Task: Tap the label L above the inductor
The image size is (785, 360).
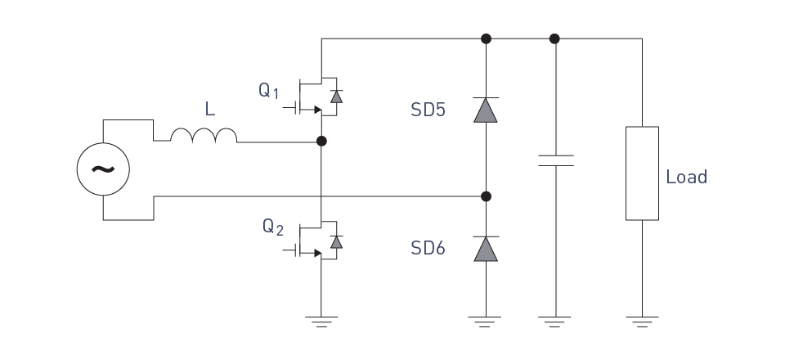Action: click(210, 109)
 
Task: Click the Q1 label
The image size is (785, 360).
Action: click(269, 91)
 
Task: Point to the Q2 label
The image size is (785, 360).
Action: click(273, 227)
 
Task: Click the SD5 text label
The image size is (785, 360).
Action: click(428, 110)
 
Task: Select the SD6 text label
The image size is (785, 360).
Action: click(428, 248)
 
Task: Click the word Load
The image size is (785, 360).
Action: click(686, 177)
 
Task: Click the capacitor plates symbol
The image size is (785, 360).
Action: click(556, 160)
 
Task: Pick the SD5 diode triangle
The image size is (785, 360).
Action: click(486, 110)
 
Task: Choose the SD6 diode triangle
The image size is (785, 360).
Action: click(486, 249)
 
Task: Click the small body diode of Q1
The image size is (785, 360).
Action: click(336, 97)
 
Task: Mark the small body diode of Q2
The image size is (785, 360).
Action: click(336, 242)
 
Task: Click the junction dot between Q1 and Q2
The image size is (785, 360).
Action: click(321, 142)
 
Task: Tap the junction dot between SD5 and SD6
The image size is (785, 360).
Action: click(486, 196)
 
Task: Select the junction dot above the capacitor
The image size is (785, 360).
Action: click(554, 38)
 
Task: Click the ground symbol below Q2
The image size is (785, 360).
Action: click(321, 322)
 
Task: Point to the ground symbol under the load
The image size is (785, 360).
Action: click(642, 322)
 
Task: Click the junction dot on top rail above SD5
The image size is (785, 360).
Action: click(486, 38)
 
